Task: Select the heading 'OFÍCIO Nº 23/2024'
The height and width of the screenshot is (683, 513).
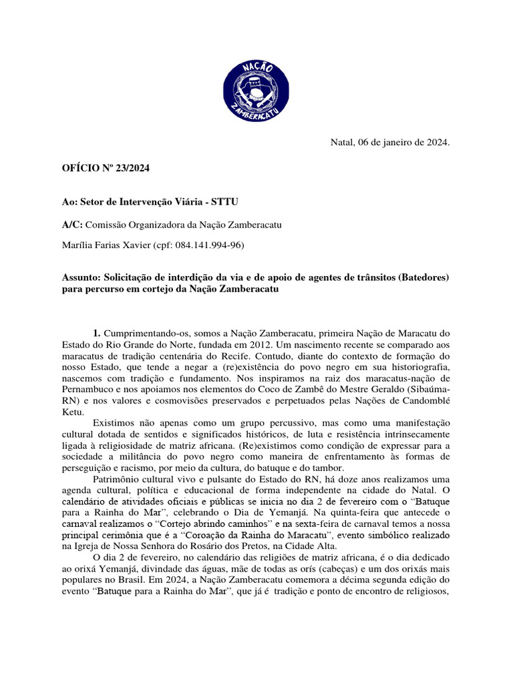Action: (106, 168)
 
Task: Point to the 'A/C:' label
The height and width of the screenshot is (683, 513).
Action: (73, 225)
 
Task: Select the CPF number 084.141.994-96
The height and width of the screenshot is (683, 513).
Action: (206, 245)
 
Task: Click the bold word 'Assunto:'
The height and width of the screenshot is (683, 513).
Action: (85, 277)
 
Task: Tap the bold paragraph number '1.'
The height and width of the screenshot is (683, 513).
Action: (97, 332)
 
